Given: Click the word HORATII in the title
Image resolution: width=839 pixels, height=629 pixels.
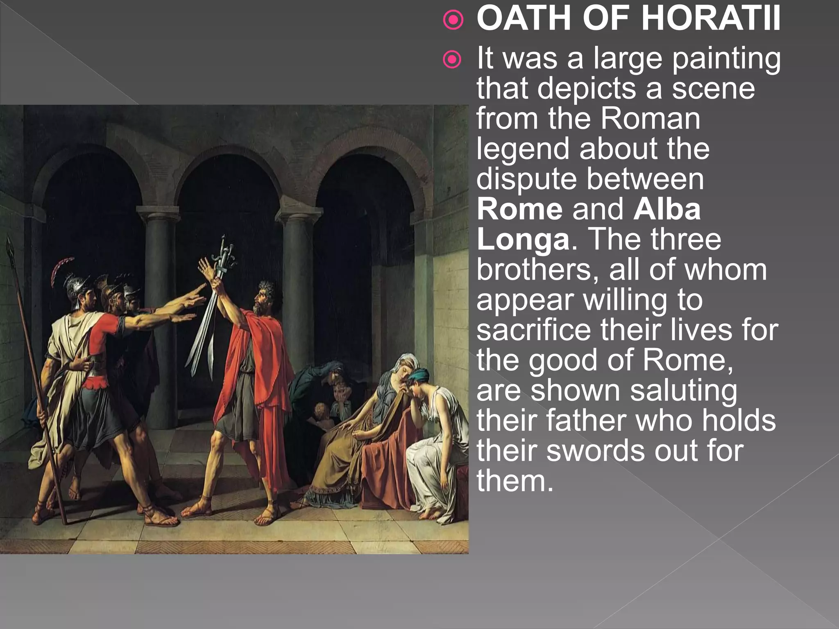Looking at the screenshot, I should (x=710, y=19).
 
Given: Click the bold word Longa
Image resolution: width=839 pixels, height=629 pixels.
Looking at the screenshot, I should (x=523, y=240).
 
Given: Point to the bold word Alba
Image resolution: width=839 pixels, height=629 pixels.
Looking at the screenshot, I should (x=667, y=209).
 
